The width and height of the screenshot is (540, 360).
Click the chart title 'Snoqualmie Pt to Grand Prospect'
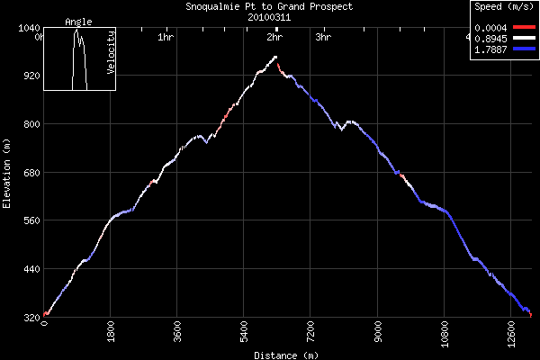pos(268,6)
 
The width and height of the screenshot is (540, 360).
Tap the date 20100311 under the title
pos(268,16)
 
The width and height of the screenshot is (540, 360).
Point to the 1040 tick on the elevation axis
pos(24,28)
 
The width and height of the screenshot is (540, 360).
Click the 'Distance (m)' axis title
pos(285,355)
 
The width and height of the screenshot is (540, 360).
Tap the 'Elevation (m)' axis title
pos(7,173)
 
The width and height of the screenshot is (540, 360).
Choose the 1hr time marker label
pos(165,38)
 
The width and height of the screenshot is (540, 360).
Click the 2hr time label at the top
pos(275,38)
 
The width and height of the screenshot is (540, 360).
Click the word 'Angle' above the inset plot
pos(78,22)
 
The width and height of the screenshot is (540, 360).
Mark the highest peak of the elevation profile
pos(275,57)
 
